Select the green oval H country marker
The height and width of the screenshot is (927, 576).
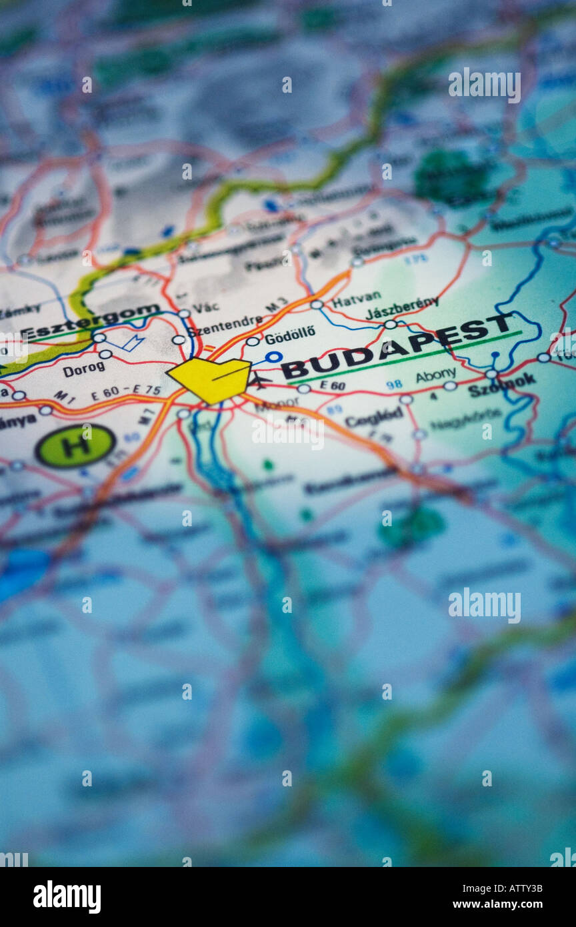pos(75,445)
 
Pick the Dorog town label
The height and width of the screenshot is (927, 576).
pos(83,369)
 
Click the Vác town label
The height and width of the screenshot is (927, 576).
pos(205,307)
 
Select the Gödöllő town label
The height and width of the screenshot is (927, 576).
pos(290,333)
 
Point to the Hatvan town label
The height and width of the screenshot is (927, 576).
pos(357,299)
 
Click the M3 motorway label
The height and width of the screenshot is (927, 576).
pos(276,305)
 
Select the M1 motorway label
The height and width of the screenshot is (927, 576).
pos(64,397)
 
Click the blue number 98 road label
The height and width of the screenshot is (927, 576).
pos(394,385)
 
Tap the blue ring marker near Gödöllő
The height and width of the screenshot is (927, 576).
pos(273,357)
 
